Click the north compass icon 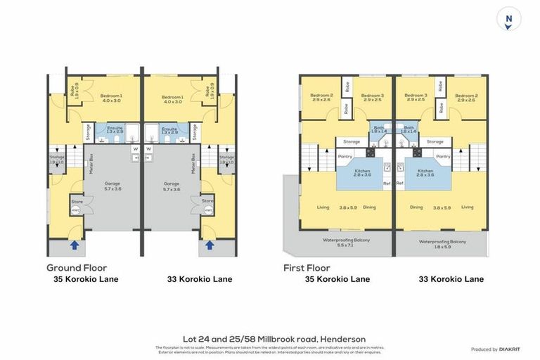click(x=508, y=18)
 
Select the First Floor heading click(x=307, y=267)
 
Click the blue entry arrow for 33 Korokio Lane click(x=210, y=245)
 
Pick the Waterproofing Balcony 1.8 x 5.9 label click(x=443, y=243)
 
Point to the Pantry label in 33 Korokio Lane click(x=443, y=156)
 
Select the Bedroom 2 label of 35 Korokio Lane click(x=321, y=96)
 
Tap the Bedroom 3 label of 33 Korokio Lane click(x=416, y=96)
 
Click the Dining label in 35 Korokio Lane click(x=369, y=207)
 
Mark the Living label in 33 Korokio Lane click(x=468, y=207)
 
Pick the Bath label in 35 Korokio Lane click(x=380, y=128)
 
